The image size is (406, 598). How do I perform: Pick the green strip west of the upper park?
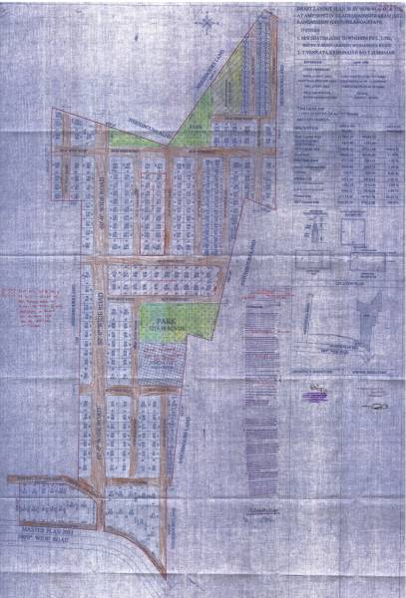pos(129,141)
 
